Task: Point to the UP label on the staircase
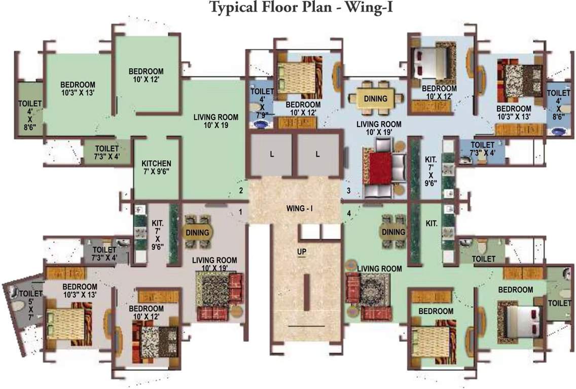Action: (x=302, y=251)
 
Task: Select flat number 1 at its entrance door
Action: (x=241, y=211)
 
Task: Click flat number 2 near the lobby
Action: (x=241, y=190)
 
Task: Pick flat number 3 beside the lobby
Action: (x=348, y=190)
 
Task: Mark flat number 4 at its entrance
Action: (x=348, y=213)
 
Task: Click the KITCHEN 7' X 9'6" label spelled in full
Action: (x=156, y=168)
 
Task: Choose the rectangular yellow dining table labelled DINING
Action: (x=375, y=98)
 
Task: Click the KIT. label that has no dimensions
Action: (x=432, y=223)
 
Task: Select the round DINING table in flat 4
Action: (x=393, y=232)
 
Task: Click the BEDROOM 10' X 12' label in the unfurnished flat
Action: (x=146, y=75)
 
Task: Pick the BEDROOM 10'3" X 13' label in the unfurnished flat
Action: (x=78, y=88)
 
